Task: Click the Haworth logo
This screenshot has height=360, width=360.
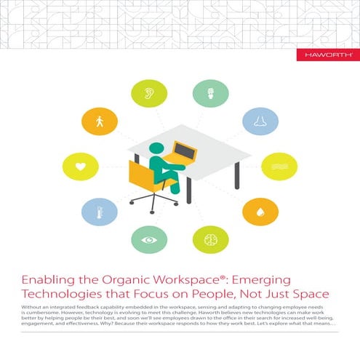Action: (330, 55)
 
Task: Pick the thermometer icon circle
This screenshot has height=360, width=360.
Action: (100, 211)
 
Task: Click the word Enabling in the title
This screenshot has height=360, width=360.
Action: (51, 279)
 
